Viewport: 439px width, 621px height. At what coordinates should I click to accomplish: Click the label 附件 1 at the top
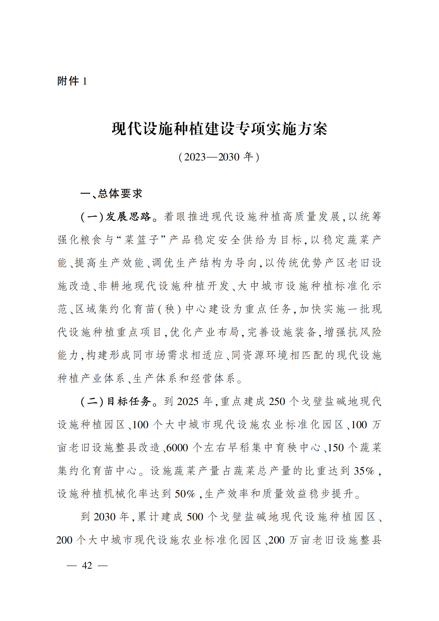click(x=72, y=81)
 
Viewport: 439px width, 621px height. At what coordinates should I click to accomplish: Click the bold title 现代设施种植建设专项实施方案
click(x=219, y=129)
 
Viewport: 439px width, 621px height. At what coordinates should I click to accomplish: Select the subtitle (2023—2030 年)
click(x=219, y=157)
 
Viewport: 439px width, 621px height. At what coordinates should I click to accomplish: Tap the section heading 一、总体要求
click(x=111, y=194)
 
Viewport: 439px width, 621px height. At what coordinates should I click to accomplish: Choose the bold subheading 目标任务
click(x=129, y=401)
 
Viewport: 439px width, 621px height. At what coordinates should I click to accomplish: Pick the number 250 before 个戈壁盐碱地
click(x=277, y=401)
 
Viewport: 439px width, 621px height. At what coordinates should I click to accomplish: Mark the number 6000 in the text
click(x=177, y=448)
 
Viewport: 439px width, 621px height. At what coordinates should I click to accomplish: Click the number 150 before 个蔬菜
click(x=336, y=448)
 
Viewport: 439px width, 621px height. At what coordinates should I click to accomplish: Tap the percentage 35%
click(x=364, y=471)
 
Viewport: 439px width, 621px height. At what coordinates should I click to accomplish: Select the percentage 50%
click(x=185, y=494)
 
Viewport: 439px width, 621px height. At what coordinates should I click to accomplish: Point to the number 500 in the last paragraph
click(x=195, y=517)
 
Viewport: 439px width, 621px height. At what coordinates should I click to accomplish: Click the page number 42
click(x=87, y=565)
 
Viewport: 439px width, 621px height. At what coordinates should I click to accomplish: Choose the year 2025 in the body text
click(x=188, y=401)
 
